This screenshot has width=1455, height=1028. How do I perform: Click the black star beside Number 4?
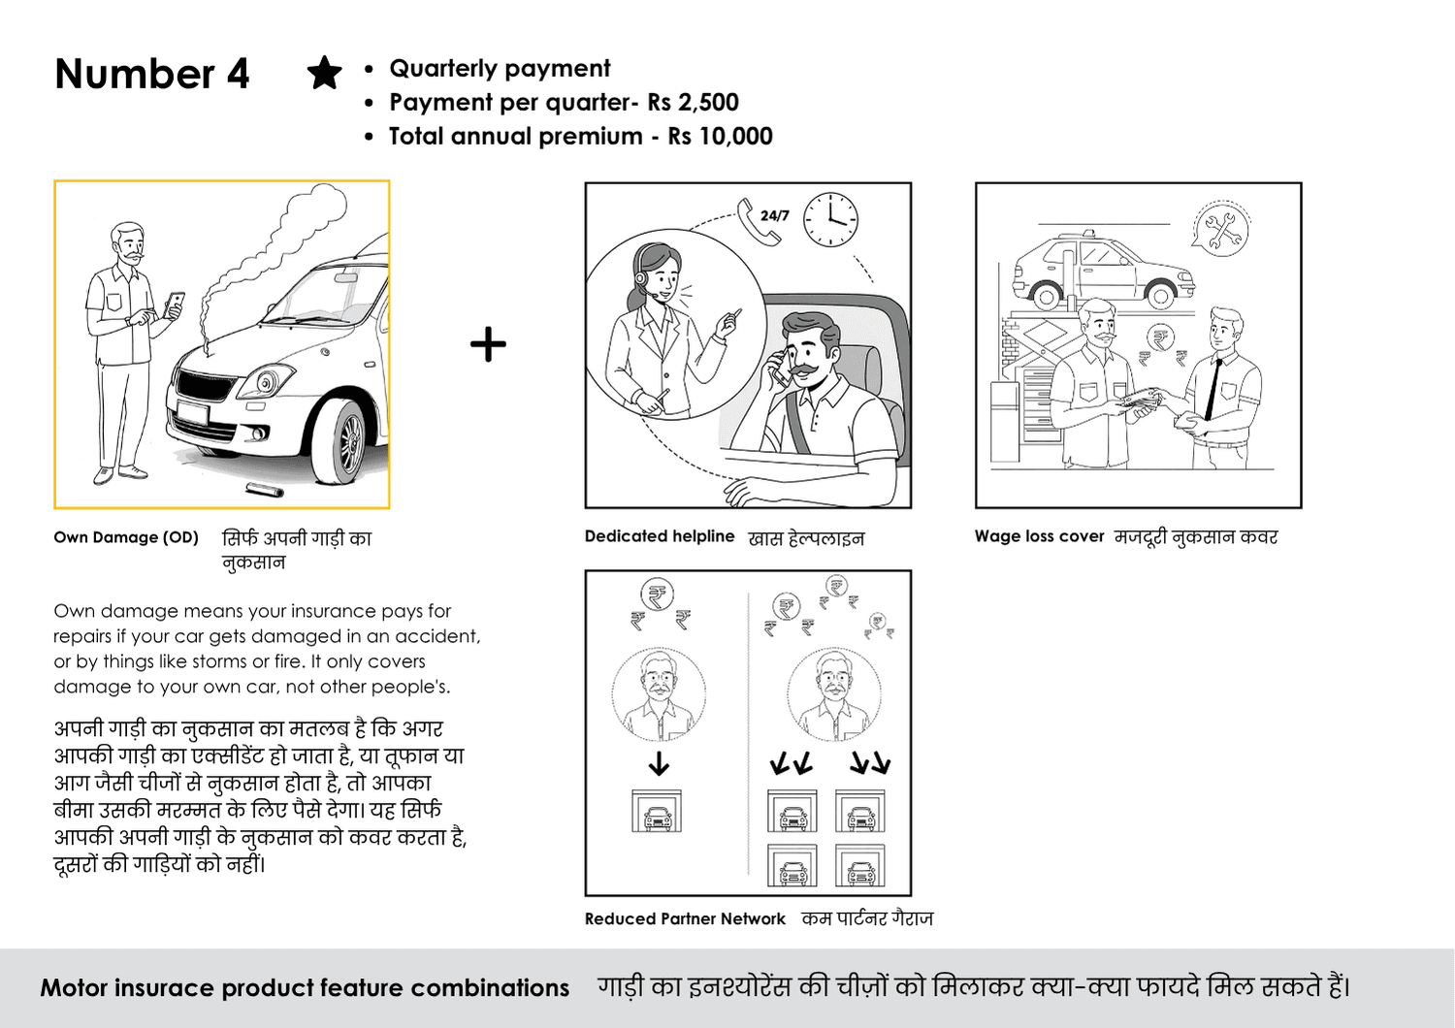click(x=324, y=73)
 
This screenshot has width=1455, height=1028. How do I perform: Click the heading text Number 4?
click(x=152, y=74)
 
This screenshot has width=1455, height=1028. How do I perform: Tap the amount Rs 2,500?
click(x=694, y=103)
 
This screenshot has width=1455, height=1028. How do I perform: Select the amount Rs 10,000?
click(x=721, y=137)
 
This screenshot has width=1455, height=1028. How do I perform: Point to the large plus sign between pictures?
click(x=488, y=344)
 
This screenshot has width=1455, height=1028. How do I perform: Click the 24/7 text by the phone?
click(x=774, y=215)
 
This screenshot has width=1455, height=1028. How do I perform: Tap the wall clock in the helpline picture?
click(x=830, y=220)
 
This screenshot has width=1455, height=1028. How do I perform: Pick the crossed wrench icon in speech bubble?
click(x=1222, y=229)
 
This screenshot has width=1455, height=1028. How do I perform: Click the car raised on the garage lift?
click(x=1104, y=271)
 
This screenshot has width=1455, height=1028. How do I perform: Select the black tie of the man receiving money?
click(x=1212, y=388)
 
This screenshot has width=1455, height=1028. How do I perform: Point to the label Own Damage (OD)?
click(x=126, y=537)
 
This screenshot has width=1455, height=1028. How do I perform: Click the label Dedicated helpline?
click(x=660, y=536)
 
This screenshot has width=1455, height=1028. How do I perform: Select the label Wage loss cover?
click(x=1039, y=536)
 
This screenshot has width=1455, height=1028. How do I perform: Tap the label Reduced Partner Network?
click(x=685, y=919)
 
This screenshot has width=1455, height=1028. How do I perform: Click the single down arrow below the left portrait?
click(x=659, y=763)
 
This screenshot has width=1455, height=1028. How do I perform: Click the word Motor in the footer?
click(x=74, y=987)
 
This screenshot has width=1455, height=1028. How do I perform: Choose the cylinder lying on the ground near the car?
click(x=265, y=490)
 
